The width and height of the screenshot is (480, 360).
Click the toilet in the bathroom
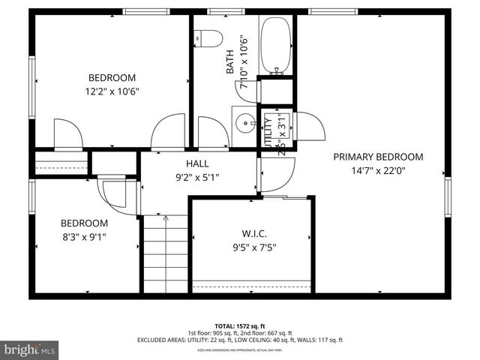pos(205,37)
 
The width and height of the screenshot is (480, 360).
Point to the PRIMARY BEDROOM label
pos(378,157)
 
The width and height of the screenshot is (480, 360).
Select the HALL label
pos(198,163)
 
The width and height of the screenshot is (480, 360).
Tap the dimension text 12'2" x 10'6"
pos(112,91)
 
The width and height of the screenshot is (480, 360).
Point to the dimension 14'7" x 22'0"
pos(378,170)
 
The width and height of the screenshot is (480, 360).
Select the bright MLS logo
pos(30,349)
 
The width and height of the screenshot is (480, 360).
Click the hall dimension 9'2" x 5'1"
pos(198,178)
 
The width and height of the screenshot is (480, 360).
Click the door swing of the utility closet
pos(307,126)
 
